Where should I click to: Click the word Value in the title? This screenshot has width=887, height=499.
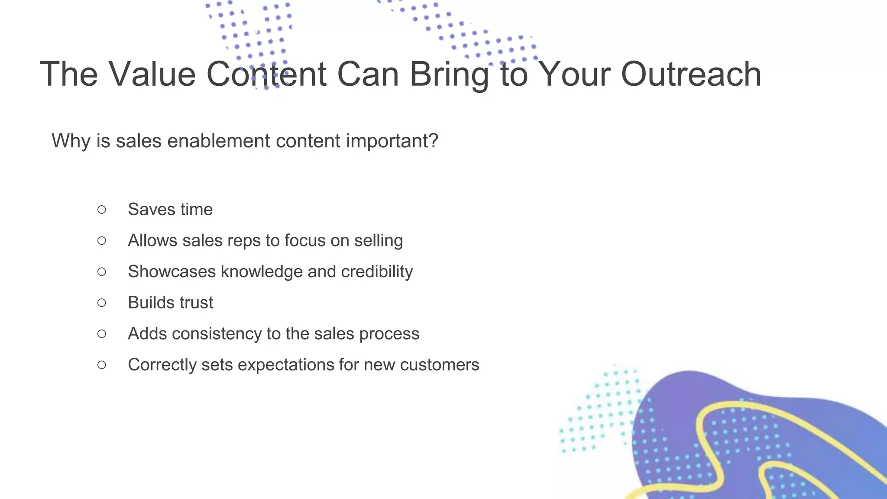[152, 74]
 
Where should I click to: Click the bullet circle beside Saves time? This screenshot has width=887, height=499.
[102, 210]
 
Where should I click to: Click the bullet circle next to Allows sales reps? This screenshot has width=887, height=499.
[102, 240]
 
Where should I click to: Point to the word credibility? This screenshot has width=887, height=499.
[377, 272]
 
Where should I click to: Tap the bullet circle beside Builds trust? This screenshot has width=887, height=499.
[102, 303]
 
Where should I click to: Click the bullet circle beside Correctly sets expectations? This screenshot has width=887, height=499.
[102, 365]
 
